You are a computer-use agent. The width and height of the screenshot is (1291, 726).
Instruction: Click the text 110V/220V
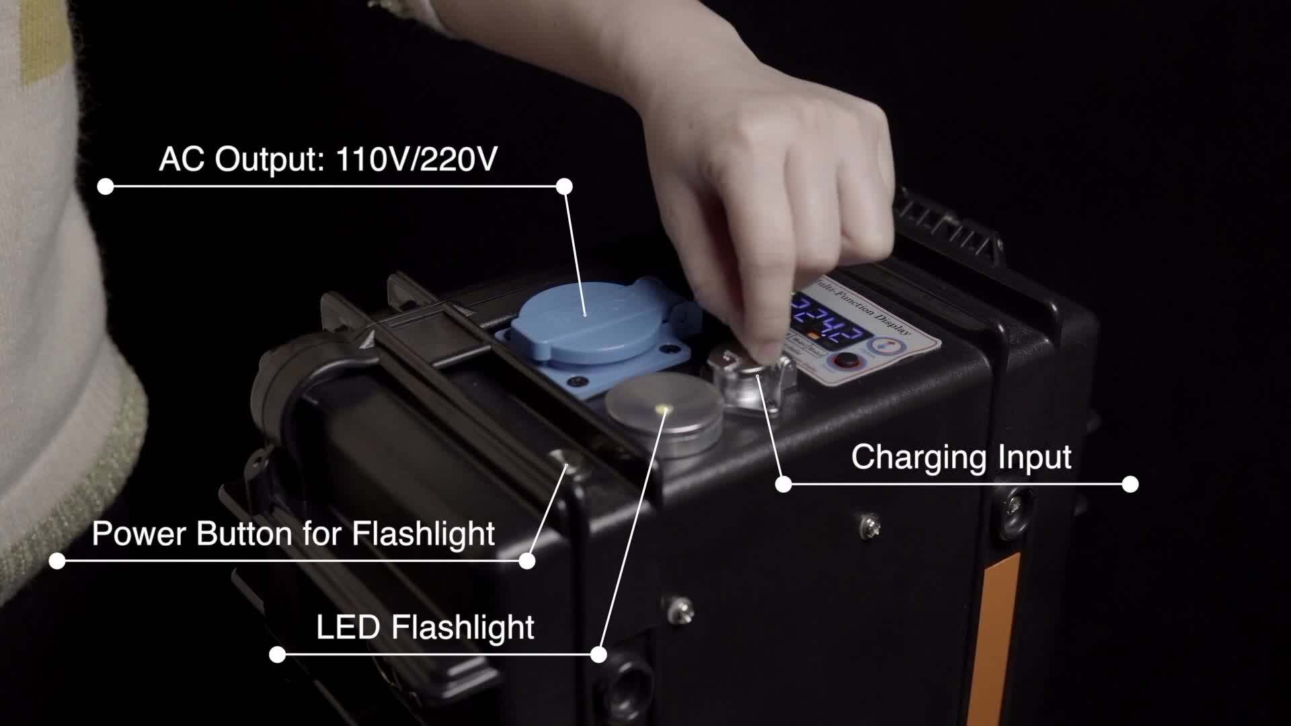[416, 160]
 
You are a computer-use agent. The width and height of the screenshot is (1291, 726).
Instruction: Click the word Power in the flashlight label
[139, 534]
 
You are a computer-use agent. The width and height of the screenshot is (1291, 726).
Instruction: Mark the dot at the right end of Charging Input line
[1130, 484]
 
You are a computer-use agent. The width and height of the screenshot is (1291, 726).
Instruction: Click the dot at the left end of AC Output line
[106, 187]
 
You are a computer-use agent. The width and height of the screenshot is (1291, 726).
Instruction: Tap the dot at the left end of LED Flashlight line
[277, 654]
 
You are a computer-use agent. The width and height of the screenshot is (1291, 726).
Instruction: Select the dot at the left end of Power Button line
[57, 561]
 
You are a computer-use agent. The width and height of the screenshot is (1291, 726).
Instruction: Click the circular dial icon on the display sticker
[885, 346]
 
